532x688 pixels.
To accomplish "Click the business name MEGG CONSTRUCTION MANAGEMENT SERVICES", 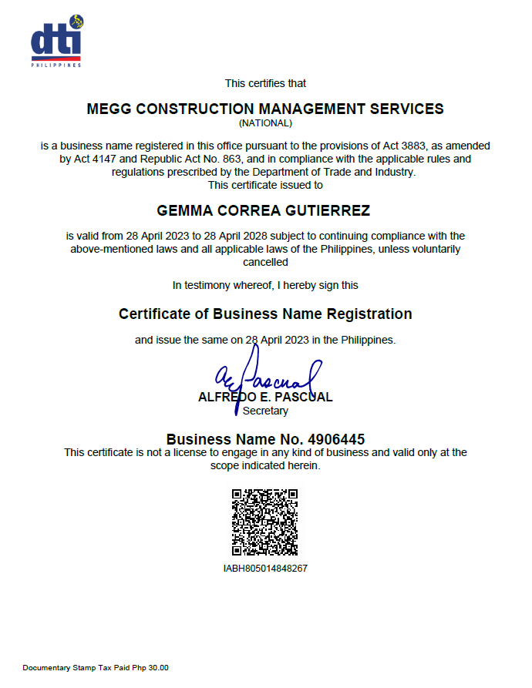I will [265, 109].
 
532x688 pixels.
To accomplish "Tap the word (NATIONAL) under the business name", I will [265, 122].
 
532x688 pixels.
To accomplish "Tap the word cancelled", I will [265, 262].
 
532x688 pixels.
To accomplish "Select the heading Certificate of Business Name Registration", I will [265, 314].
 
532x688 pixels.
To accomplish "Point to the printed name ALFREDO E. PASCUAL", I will [265, 398].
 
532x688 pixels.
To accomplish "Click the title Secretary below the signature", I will [265, 411].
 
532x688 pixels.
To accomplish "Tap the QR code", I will [265, 522].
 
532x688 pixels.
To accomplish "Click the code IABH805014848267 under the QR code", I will [265, 569].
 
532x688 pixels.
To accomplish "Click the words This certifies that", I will [265, 83].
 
